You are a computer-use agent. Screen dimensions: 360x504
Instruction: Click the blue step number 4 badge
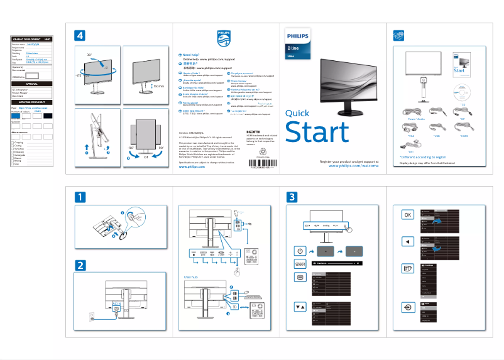click(x=79, y=35)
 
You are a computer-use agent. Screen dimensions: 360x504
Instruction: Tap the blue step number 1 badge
click(x=79, y=197)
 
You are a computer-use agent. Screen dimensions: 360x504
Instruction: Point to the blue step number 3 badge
click(x=293, y=197)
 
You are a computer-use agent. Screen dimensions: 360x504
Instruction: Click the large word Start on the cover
click(x=317, y=133)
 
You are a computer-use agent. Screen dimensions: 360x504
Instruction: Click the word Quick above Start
click(x=297, y=113)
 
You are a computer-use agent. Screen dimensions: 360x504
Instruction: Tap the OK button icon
click(x=408, y=214)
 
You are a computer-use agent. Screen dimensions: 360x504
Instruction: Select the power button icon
click(x=300, y=251)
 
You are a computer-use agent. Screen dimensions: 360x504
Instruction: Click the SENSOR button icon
click(x=300, y=264)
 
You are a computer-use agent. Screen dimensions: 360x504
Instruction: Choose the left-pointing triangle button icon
click(x=408, y=241)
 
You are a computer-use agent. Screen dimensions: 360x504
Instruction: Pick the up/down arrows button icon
click(x=300, y=307)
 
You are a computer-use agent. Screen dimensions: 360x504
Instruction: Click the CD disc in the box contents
click(x=462, y=93)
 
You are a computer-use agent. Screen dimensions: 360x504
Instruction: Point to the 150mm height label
click(x=158, y=86)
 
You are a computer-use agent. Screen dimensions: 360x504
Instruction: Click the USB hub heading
click(x=192, y=276)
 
